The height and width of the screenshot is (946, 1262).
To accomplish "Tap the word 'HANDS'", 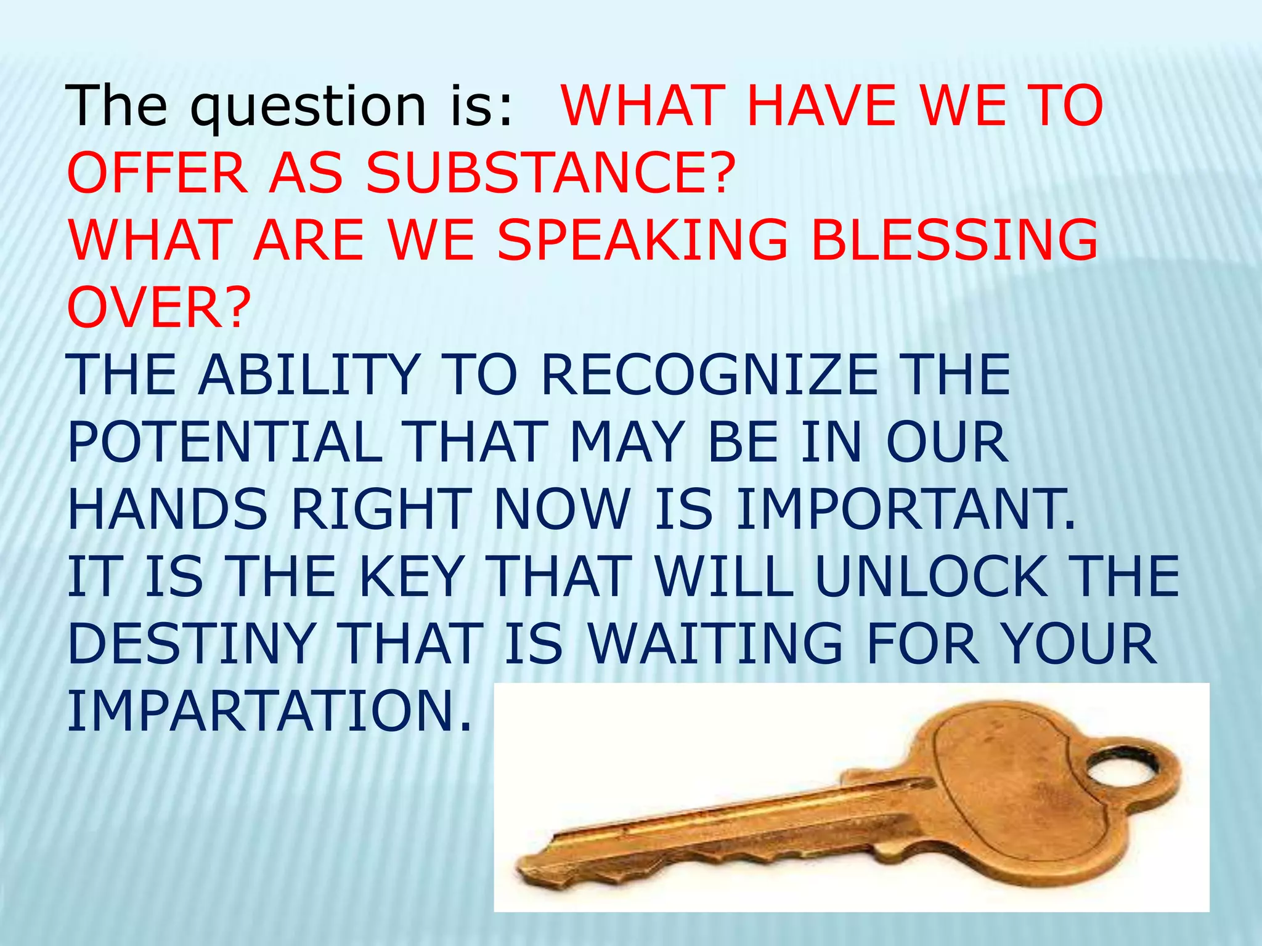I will pos(168,509).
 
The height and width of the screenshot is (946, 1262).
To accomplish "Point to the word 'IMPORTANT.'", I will pos(906,509).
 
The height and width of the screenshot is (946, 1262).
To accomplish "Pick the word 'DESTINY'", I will pos(191,644).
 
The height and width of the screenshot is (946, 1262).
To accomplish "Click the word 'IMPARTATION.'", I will pos(269,711).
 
